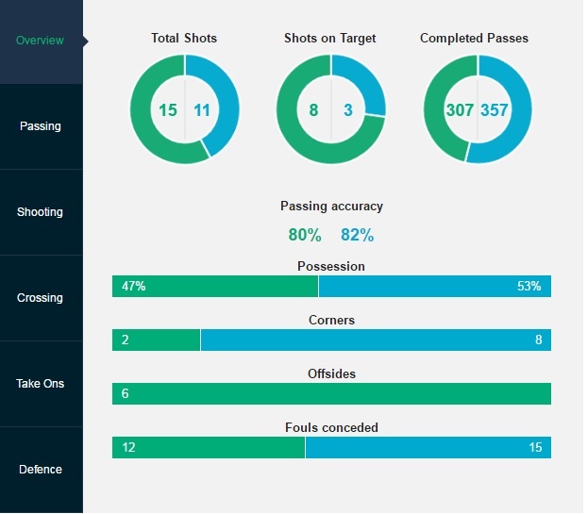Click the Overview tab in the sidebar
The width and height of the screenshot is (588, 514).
[x=41, y=41]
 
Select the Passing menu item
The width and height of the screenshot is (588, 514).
[x=41, y=126]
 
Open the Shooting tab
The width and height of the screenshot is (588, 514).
[x=41, y=212]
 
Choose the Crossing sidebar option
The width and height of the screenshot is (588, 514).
[x=41, y=298]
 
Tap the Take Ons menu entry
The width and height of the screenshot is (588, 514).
[x=41, y=384]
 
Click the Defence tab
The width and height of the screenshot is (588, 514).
[x=41, y=470]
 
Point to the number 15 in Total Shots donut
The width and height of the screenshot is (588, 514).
[x=168, y=110]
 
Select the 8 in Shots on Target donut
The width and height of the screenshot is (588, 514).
[x=313, y=110]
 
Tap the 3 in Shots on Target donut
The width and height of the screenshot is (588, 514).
[x=347, y=110]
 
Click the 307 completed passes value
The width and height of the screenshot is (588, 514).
[x=460, y=110]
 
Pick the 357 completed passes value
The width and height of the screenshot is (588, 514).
[x=495, y=110]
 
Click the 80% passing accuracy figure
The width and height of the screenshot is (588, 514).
[x=305, y=236]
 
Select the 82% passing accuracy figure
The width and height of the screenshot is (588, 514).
[x=357, y=236]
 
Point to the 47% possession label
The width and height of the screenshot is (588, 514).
[x=134, y=286]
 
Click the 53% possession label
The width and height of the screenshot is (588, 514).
[x=529, y=286]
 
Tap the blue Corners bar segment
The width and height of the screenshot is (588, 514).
[x=376, y=340]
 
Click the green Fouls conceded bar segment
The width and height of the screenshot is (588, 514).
[x=209, y=447]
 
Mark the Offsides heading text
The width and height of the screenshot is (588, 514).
[x=331, y=374]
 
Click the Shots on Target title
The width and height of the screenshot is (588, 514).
[x=330, y=39]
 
